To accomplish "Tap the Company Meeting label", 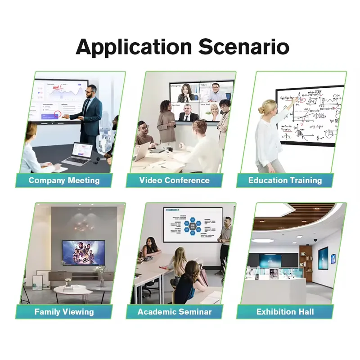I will (64, 180).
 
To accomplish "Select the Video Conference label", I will (174, 180).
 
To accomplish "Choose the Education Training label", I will (285, 180).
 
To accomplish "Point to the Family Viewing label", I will (64, 311).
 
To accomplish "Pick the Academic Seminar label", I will (174, 311).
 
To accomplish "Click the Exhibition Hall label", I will (285, 311).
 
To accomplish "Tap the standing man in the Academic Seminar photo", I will (225, 243).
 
